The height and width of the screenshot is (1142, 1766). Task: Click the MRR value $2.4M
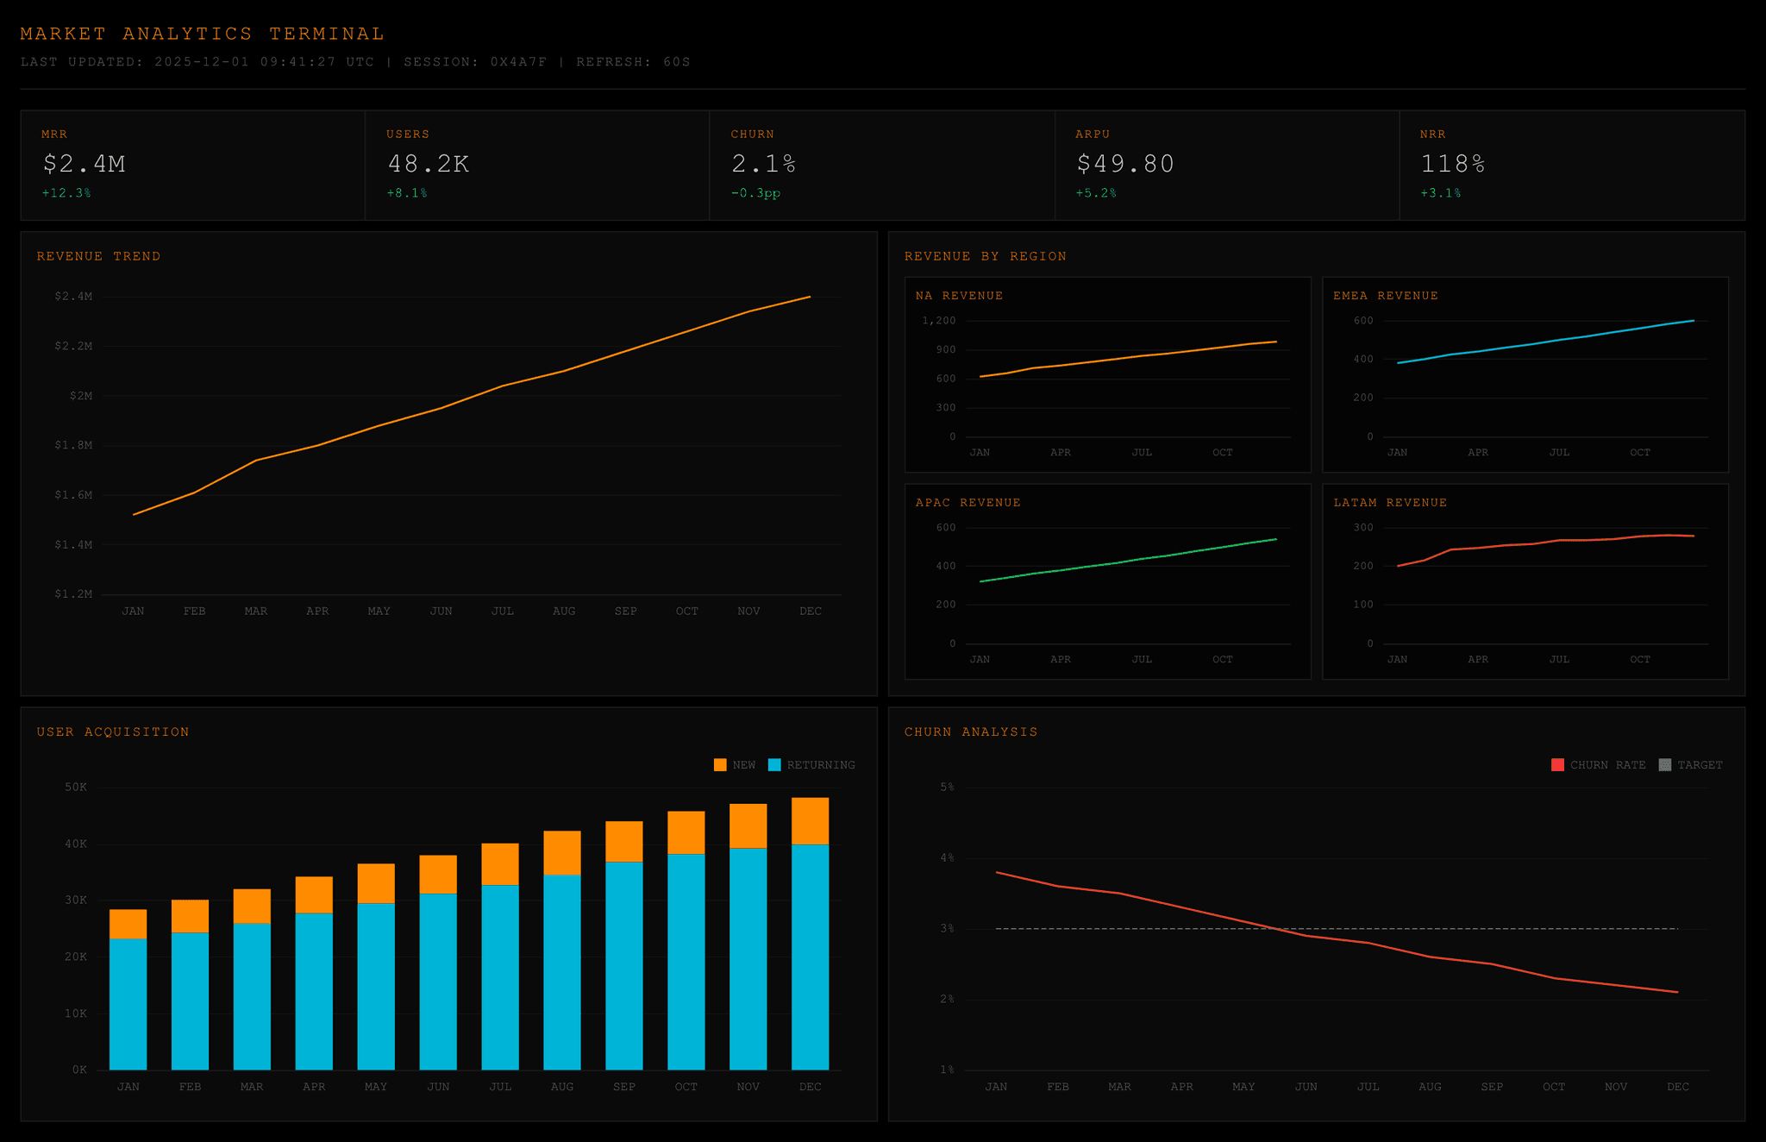pos(85,164)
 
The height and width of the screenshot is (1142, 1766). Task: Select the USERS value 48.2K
pos(429,164)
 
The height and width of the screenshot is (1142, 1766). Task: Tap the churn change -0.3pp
pos(755,193)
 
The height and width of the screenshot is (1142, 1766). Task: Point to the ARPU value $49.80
pos(1125,164)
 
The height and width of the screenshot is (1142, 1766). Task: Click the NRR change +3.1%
pos(1440,193)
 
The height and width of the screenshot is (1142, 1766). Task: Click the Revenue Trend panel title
pos(98,256)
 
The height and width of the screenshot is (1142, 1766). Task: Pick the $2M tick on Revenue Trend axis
pos(81,396)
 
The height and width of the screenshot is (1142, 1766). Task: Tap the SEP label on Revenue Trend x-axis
pos(625,611)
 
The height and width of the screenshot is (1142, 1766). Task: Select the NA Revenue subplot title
pos(959,296)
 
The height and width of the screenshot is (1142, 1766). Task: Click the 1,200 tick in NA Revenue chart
pos(938,321)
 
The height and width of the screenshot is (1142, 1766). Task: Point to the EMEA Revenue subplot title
pos(1385,296)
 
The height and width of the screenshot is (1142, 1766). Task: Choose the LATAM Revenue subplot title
pos(1389,503)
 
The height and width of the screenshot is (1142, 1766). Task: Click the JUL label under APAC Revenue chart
pos(1141,659)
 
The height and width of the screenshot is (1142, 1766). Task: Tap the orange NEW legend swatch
pos(720,765)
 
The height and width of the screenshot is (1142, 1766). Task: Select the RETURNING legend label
pos(820,765)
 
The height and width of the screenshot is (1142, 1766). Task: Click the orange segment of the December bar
pos(810,821)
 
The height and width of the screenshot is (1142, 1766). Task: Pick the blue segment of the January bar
pos(128,1004)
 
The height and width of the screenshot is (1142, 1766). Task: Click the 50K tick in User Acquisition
pos(76,787)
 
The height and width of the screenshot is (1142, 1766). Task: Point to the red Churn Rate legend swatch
pos(1557,765)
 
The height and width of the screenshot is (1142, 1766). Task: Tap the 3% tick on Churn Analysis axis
pos(947,929)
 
